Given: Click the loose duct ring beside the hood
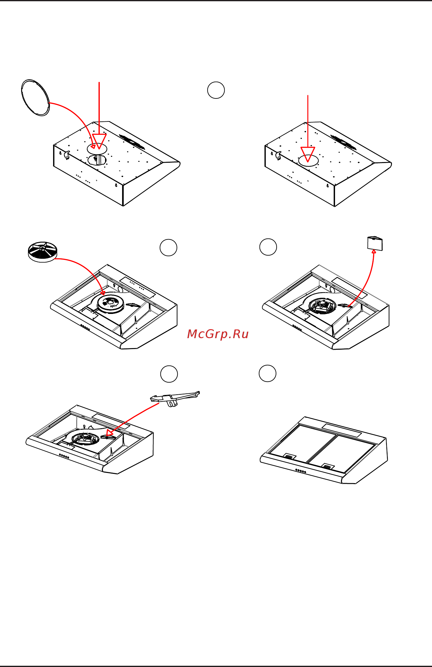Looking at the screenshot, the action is (35, 98).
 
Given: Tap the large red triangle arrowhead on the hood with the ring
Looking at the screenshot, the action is (99, 141).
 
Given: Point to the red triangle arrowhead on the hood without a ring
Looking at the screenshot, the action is (308, 154).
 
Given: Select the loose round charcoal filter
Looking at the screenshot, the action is (43, 252).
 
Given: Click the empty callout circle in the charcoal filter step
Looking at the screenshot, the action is (168, 247).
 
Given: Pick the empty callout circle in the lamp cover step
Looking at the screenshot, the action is (268, 247).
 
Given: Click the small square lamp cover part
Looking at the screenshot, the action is (375, 243).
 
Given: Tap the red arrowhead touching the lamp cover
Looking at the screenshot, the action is (374, 251).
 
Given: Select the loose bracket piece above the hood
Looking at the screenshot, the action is (175, 398).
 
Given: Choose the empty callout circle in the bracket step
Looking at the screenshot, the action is (169, 374).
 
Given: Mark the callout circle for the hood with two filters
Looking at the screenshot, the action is (268, 373).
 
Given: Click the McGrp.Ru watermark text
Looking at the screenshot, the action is (218, 334).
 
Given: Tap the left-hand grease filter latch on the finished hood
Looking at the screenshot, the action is (289, 456).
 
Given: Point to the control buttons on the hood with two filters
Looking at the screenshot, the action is (301, 471).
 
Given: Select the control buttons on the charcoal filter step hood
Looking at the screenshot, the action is (85, 327).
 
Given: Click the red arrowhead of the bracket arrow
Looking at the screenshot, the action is (109, 433).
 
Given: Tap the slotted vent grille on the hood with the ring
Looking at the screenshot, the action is (132, 142).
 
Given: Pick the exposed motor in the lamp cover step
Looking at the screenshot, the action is (323, 306).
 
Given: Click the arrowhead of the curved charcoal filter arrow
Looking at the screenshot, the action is (103, 293).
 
